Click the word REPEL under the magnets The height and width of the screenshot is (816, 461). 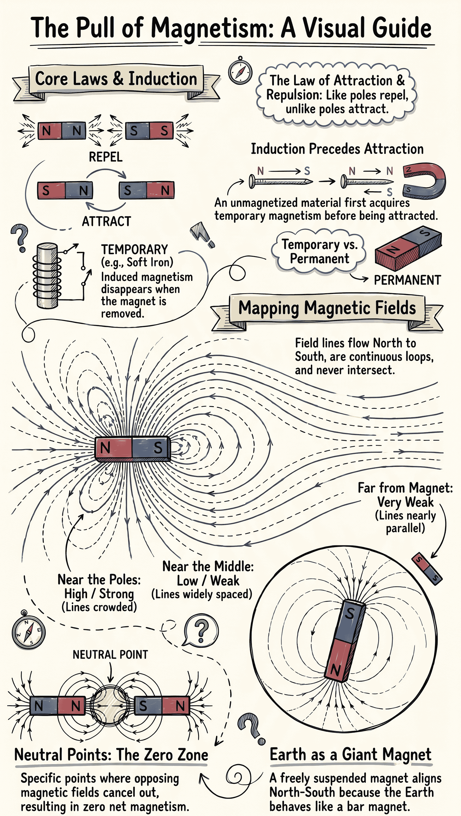[105, 157]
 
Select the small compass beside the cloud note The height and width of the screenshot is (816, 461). [240, 71]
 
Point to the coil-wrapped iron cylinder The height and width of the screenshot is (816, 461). [47, 276]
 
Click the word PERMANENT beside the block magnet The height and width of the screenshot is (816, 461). [407, 280]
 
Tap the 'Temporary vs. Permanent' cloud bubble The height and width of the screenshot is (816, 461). [319, 252]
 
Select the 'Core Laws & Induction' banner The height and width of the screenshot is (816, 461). [116, 79]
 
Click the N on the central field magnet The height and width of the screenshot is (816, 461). [105, 448]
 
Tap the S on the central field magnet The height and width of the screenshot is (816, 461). [158, 448]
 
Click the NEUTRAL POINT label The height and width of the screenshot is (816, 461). [110, 655]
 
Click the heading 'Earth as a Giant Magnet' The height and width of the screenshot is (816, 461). [350, 754]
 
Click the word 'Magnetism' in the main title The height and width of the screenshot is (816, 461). [212, 29]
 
